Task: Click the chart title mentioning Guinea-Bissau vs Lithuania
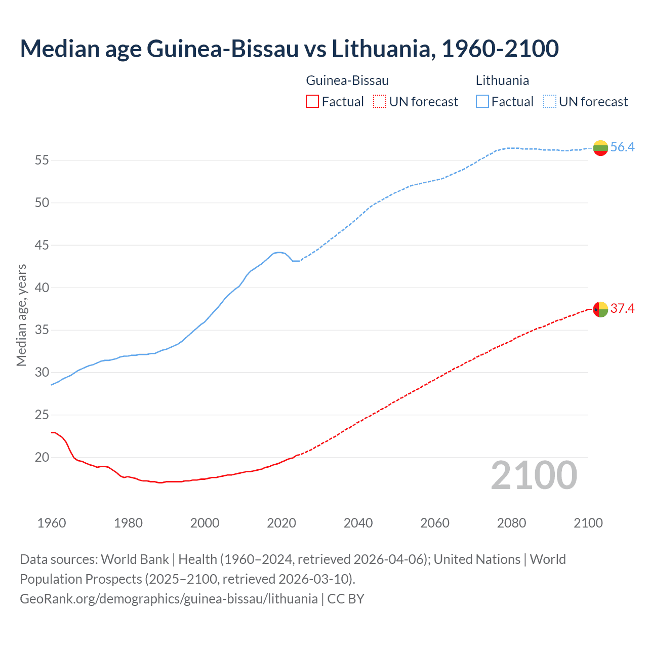(289, 49)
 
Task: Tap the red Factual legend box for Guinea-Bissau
(312, 102)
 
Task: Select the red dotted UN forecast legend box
(380, 102)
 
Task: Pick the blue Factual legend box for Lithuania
(482, 102)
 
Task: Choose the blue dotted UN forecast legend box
(549, 102)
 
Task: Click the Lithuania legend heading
(502, 80)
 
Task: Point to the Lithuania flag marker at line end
(600, 148)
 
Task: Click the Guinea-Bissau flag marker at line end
(600, 309)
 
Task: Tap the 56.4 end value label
(622, 147)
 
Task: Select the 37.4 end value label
(622, 309)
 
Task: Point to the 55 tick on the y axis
(42, 160)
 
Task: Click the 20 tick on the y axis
(42, 458)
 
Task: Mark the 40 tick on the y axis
(42, 288)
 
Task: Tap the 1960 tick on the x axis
(52, 523)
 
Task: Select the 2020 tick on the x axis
(281, 523)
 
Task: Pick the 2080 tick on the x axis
(511, 523)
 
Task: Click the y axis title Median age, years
(21, 315)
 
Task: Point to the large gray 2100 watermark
(534, 475)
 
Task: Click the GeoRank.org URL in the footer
(169, 599)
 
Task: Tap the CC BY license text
(346, 599)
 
